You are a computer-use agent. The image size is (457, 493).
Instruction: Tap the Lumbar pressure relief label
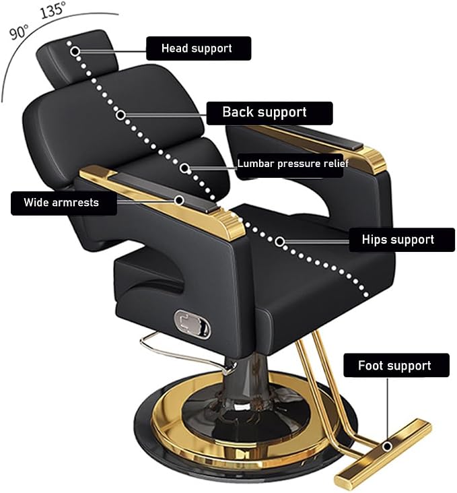click(292, 164)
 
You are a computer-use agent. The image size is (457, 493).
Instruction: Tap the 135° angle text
click(52, 9)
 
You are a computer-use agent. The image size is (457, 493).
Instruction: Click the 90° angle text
click(19, 32)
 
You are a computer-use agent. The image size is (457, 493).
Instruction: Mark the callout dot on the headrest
click(75, 51)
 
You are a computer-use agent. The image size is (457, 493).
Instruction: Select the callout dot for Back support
click(120, 115)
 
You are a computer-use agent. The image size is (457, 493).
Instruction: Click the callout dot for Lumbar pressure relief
click(185, 168)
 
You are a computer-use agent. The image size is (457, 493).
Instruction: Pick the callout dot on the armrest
click(180, 200)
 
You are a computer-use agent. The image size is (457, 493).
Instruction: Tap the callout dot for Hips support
click(280, 242)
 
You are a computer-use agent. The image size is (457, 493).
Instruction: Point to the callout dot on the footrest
click(388, 446)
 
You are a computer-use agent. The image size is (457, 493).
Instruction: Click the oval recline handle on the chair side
click(193, 325)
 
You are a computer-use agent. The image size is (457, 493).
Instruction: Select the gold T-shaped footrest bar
click(383, 452)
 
